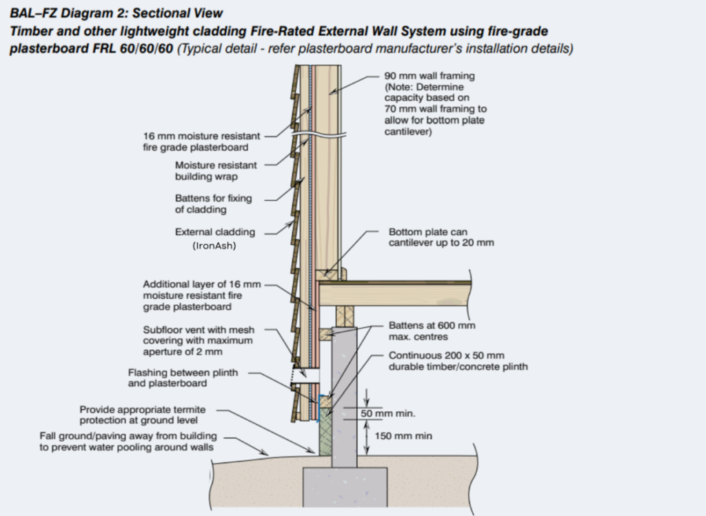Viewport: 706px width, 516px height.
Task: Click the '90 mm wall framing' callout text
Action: [429, 76]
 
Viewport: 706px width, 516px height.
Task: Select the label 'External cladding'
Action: [214, 232]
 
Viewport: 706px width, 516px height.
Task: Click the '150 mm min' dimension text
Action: [403, 436]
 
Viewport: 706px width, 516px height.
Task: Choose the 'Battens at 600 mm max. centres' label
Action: [432, 331]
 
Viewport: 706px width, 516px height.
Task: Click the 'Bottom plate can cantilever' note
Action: [441, 238]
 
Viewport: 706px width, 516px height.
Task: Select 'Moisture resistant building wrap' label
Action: [215, 171]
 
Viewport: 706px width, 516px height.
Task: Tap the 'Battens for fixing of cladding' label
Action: [213, 204]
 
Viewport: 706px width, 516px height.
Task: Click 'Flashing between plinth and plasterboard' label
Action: [183, 378]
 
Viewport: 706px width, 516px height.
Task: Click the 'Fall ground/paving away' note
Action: [128, 441]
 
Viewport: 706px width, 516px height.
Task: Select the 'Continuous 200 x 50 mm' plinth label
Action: [458, 361]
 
